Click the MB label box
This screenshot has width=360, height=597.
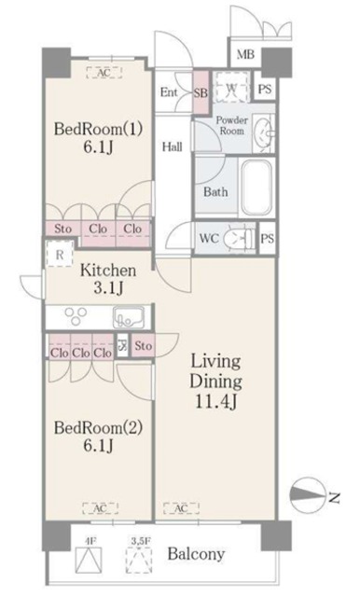[245, 54]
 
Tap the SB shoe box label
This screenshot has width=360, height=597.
[201, 91]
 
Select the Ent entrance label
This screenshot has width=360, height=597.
[170, 91]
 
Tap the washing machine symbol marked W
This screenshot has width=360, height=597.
[233, 89]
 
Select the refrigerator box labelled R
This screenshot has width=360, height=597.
[60, 253]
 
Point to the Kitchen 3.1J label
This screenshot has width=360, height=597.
[108, 280]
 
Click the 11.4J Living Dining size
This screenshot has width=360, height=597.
[217, 401]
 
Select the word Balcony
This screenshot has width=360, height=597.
[196, 554]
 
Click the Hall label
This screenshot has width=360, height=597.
[171, 146]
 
